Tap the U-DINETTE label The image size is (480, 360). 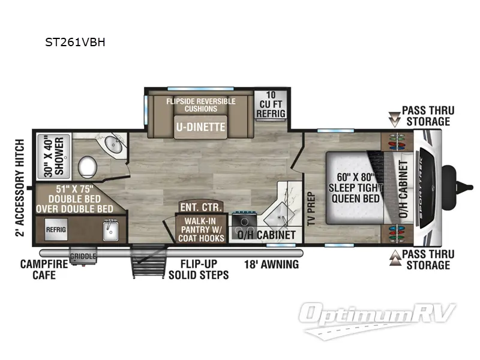pos(200,127)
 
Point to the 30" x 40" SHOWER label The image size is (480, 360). pos(54,155)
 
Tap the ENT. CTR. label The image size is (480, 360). pos(201,207)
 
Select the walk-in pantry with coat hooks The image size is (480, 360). pos(200,229)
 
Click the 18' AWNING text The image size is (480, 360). pos(271,264)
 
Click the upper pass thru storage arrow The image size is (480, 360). pos(394,119)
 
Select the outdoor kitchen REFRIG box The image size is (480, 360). pos(56,229)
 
